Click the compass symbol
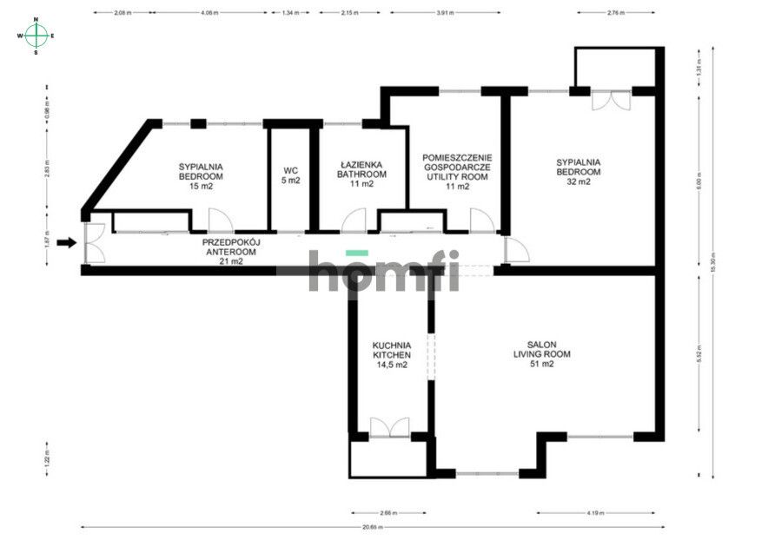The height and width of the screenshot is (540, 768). [x=36, y=36]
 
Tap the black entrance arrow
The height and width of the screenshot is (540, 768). [x=66, y=243]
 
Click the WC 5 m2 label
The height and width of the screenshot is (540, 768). [x=291, y=175]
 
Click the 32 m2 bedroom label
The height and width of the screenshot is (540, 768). [x=579, y=171]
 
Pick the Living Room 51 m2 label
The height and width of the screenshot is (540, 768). [x=541, y=354]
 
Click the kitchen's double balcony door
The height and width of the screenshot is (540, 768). [x=389, y=426]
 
